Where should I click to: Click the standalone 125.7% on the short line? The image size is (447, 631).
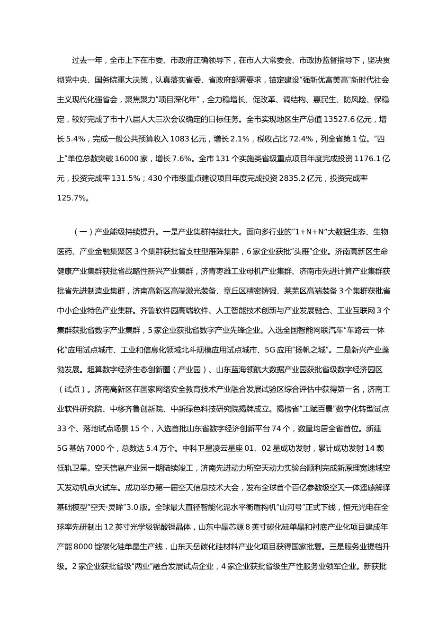coord(73,198)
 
